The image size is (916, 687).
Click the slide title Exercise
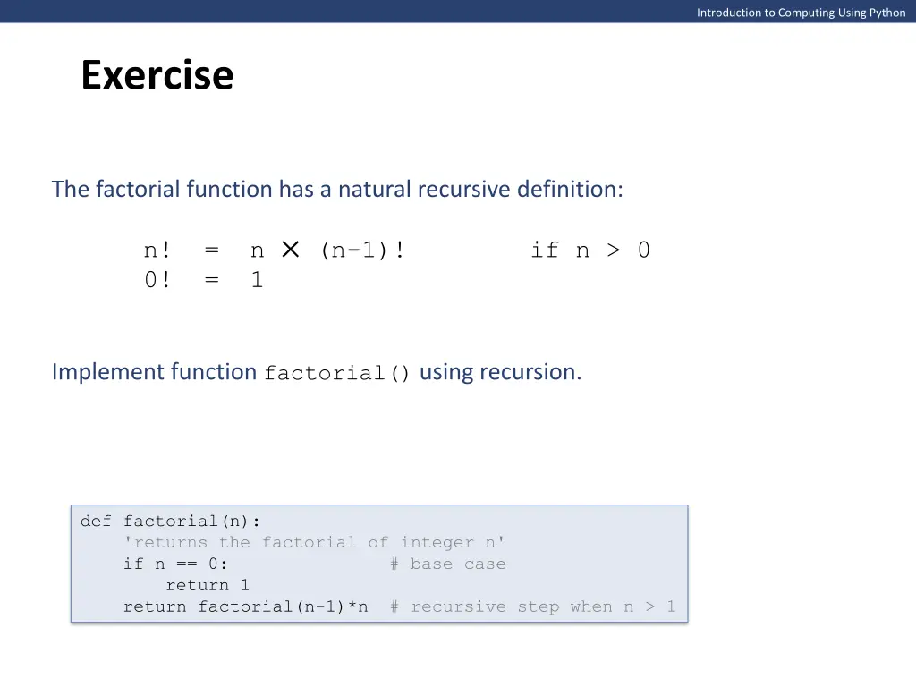[x=157, y=75]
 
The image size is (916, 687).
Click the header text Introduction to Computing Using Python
[x=801, y=13]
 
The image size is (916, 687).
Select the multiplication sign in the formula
[x=290, y=250]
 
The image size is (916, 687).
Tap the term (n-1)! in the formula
[x=362, y=250]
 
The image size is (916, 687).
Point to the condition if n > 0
[x=589, y=250]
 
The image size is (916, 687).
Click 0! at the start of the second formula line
[x=157, y=280]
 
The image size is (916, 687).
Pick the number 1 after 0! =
[x=257, y=280]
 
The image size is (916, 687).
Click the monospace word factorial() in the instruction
[x=337, y=374]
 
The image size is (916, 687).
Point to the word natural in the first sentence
[x=374, y=190]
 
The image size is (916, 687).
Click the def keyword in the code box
[x=96, y=521]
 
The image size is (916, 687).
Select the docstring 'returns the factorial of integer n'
[x=314, y=542]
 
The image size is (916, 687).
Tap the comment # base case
[x=447, y=564]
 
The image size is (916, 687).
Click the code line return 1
[x=208, y=585]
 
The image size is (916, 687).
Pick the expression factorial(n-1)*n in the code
[x=283, y=606]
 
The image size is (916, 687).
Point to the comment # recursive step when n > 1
[x=532, y=606]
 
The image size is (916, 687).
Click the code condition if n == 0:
[x=175, y=564]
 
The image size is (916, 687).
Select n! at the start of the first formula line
[x=157, y=250]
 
